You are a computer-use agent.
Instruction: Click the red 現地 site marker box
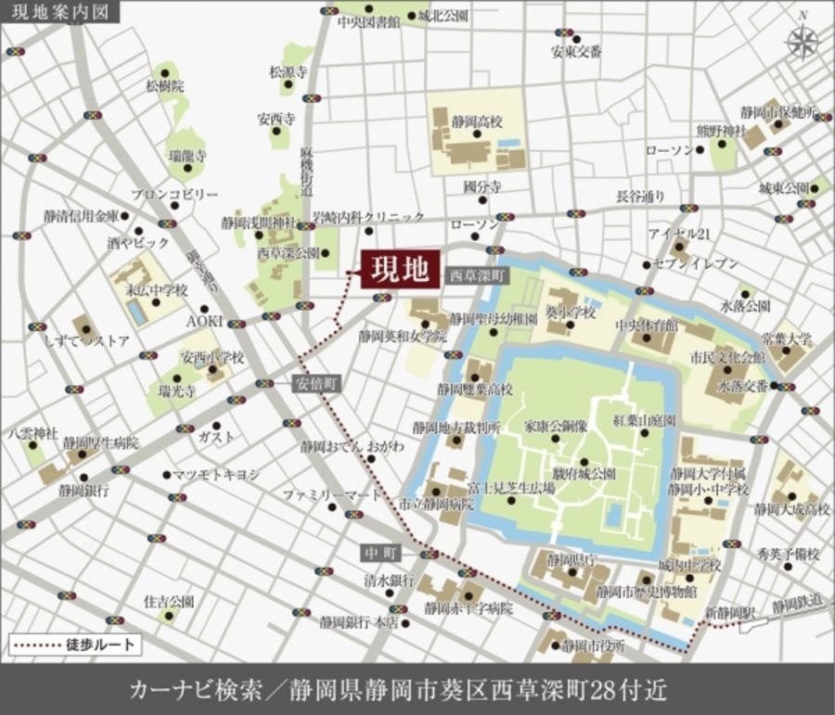click(x=399, y=269)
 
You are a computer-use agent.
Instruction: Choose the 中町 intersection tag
click(x=379, y=554)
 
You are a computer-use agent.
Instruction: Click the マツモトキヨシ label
click(x=216, y=474)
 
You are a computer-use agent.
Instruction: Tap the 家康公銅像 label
click(x=556, y=428)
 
